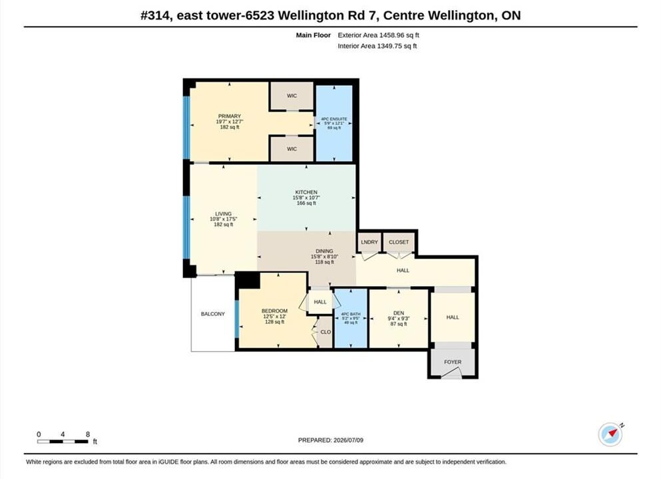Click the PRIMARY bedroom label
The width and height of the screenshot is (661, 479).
pyautogui.click(x=230, y=116)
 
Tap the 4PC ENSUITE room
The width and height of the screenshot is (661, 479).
pyautogui.click(x=334, y=124)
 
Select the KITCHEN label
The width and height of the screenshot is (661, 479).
pyautogui.click(x=306, y=192)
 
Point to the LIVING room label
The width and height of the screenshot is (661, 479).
pyautogui.click(x=223, y=214)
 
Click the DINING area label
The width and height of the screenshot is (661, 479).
pyautogui.click(x=324, y=251)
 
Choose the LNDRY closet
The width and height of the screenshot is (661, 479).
pyautogui.click(x=369, y=242)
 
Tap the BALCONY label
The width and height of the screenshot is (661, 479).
pyautogui.click(x=213, y=314)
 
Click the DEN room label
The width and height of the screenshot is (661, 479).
pyautogui.click(x=398, y=313)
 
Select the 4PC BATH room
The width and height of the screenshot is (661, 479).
pyautogui.click(x=350, y=318)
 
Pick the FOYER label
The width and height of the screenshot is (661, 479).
pyautogui.click(x=453, y=362)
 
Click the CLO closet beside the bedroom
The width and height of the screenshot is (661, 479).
pyautogui.click(x=326, y=332)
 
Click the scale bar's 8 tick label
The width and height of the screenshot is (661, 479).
pyautogui.click(x=88, y=434)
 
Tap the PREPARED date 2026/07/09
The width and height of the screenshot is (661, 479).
pyautogui.click(x=348, y=440)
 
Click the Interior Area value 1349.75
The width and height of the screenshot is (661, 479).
pyautogui.click(x=389, y=46)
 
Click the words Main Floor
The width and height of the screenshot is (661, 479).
pyautogui.click(x=314, y=35)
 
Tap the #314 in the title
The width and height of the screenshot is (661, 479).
pyautogui.click(x=156, y=15)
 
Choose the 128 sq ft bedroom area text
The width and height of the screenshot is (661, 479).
pyautogui.click(x=274, y=322)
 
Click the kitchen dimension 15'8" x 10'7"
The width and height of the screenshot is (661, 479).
pyautogui.click(x=306, y=198)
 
